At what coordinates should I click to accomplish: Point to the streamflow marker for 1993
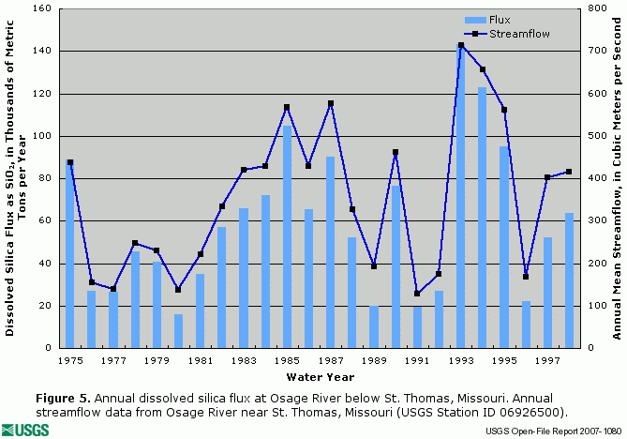click(461, 45)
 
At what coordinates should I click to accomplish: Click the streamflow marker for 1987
click(330, 104)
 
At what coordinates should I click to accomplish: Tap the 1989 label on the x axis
click(374, 360)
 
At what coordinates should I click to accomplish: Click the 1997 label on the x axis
click(547, 360)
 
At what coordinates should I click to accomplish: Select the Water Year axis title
click(321, 377)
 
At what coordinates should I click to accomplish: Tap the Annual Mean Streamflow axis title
click(618, 178)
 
